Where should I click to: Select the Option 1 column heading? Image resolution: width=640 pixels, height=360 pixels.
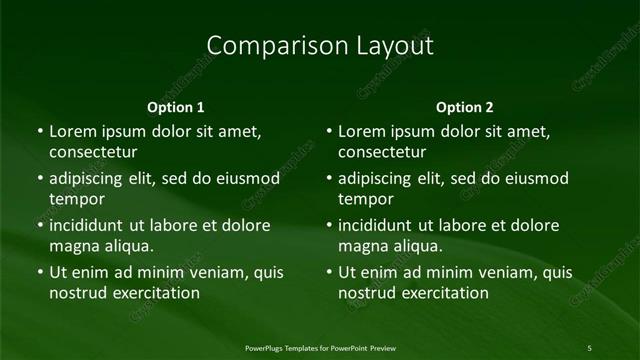click(176, 107)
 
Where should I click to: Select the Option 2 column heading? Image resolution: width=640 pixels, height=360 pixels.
click(465, 107)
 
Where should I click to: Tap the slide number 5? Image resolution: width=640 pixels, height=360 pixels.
click(590, 348)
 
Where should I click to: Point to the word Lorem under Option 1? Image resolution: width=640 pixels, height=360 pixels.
click(72, 131)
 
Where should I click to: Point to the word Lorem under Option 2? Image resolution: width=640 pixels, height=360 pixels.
click(361, 131)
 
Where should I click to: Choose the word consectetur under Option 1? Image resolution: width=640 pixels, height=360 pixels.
click(93, 152)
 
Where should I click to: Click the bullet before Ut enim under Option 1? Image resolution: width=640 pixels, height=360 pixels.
click(39, 272)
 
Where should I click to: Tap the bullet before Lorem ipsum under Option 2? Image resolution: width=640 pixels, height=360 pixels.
click(328, 131)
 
